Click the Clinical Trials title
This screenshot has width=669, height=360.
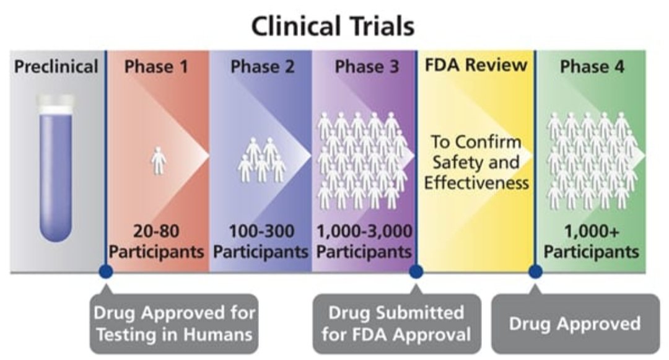pyautogui.click(x=333, y=27)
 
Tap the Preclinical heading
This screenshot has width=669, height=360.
pyautogui.click(x=56, y=66)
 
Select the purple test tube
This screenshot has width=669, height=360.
pyautogui.click(x=56, y=180)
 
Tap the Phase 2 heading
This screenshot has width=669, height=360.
pyautogui.click(x=263, y=66)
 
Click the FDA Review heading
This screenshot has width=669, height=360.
pyautogui.click(x=476, y=65)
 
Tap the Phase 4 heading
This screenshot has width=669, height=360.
pyautogui.click(x=592, y=66)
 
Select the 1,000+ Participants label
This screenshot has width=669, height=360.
pyautogui.click(x=592, y=242)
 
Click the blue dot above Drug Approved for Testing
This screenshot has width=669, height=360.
pyautogui.click(x=105, y=271)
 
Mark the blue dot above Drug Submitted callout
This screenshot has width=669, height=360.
pyautogui.click(x=416, y=271)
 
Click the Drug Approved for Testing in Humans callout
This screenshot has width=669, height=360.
pyautogui.click(x=173, y=323)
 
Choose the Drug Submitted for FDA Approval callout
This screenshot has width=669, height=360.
pyautogui.click(x=396, y=323)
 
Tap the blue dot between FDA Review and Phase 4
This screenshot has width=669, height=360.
pyautogui.click(x=535, y=271)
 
